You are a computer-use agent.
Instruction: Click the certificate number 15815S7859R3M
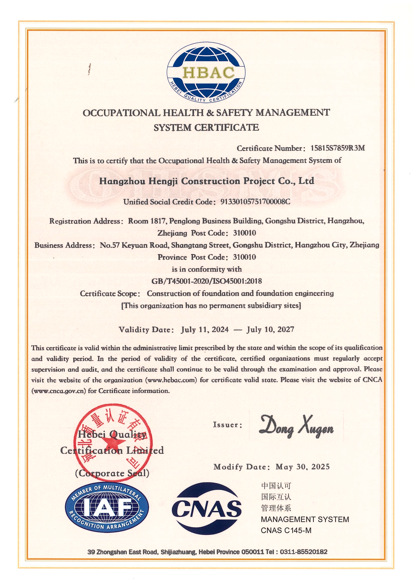click(x=338, y=148)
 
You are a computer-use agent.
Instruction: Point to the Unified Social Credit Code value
click(x=255, y=202)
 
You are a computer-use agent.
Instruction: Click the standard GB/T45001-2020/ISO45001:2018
click(x=206, y=281)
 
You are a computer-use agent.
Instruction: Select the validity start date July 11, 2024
click(x=205, y=329)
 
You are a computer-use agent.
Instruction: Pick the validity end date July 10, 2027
click(x=270, y=329)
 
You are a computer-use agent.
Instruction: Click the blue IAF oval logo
click(x=107, y=511)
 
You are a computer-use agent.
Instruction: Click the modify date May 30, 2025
click(x=303, y=467)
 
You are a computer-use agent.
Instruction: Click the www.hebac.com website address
click(x=171, y=380)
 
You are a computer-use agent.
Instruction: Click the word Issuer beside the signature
click(x=227, y=425)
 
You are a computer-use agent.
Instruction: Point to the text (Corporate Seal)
click(x=112, y=473)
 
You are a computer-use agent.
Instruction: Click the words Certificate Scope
click(x=110, y=293)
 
